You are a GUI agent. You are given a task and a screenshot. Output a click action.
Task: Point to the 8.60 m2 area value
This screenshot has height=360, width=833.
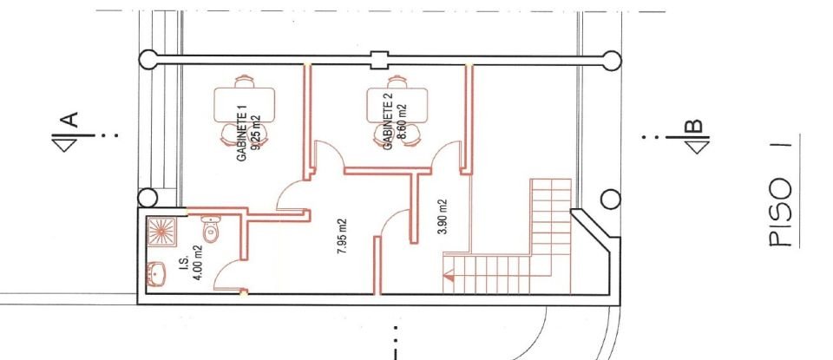[x=401, y=121]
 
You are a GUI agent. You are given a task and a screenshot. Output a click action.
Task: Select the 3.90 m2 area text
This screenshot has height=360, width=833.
[x=442, y=219]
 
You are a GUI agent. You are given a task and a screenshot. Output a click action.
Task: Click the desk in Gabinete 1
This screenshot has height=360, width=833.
[x=244, y=106]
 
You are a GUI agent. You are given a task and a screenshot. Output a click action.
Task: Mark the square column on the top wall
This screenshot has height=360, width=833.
[x=377, y=60]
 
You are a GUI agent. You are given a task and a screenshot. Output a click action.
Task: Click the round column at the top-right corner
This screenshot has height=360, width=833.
[x=612, y=60]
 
